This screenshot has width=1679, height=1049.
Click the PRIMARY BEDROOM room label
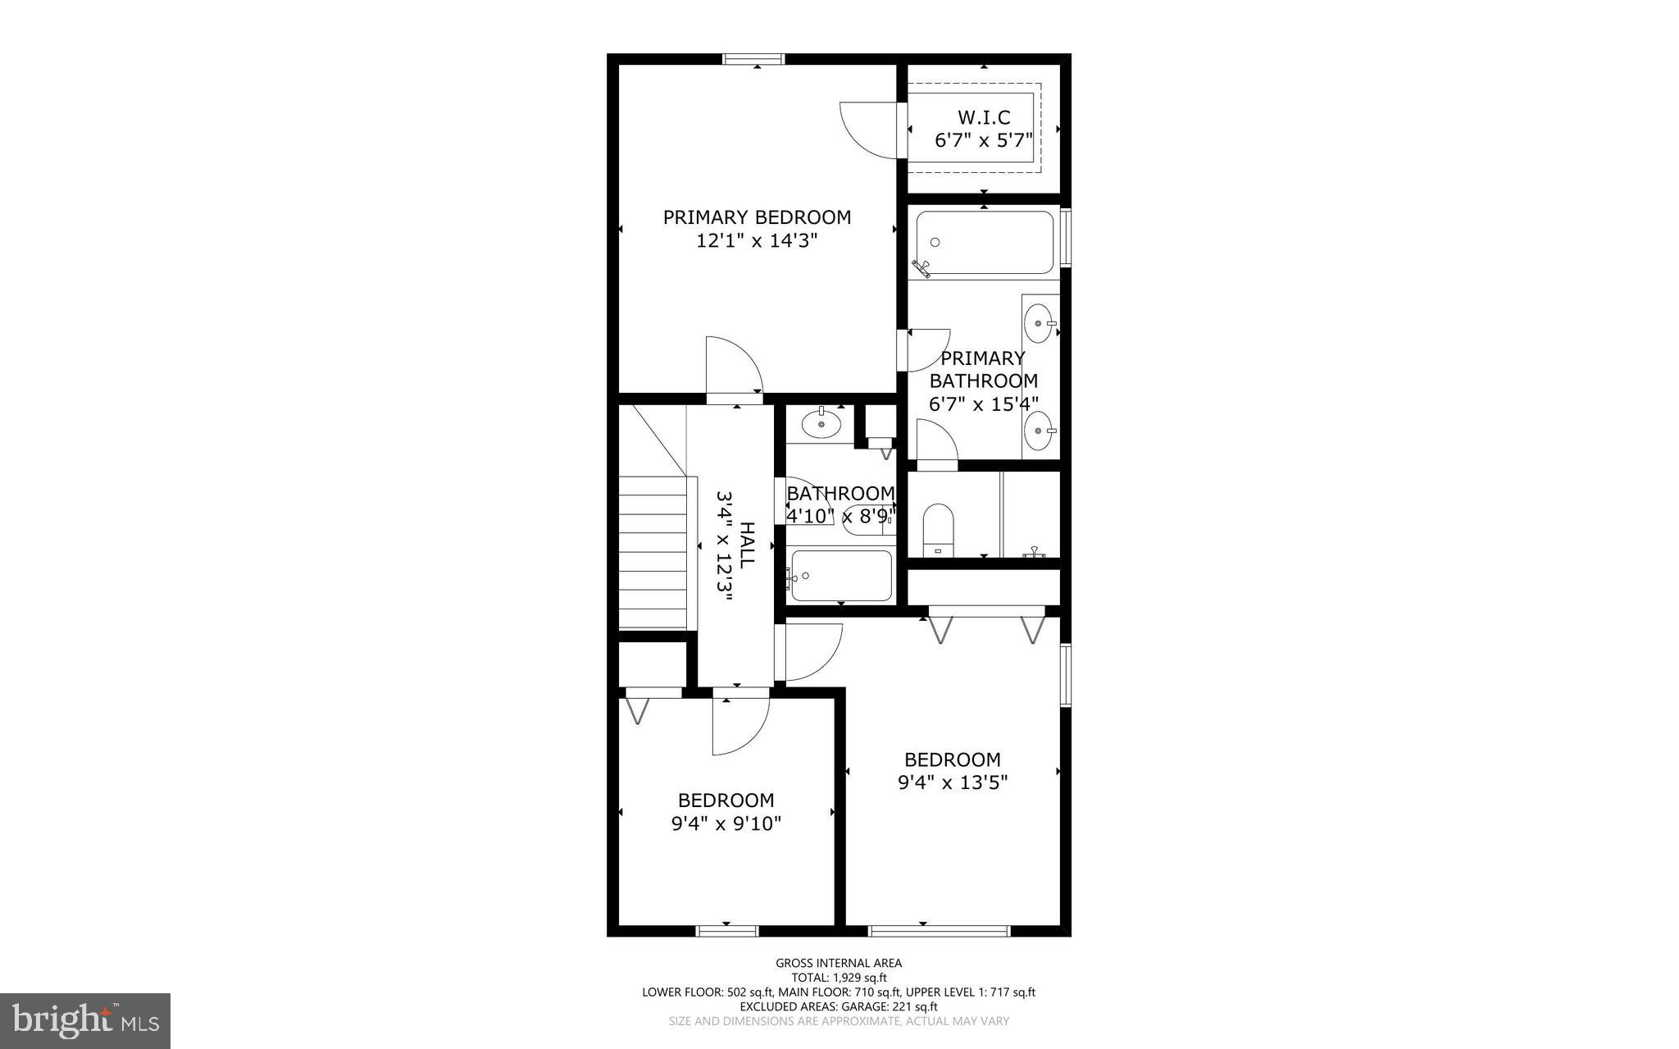[x=757, y=217]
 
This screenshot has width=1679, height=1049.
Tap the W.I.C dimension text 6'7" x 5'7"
[x=983, y=140]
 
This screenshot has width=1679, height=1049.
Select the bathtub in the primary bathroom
[x=984, y=243]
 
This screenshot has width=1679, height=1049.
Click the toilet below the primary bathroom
[x=938, y=530]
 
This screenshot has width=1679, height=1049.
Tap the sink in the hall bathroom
[x=821, y=424]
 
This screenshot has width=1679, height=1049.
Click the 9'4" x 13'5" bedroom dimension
[x=953, y=782]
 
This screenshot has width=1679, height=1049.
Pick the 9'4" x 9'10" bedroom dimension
[x=726, y=823]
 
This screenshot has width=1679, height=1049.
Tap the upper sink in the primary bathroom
[x=1040, y=322]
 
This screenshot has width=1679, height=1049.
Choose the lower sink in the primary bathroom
[x=1040, y=429]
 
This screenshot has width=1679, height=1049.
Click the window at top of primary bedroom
[x=753, y=59]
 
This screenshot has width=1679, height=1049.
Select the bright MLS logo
[x=85, y=1020]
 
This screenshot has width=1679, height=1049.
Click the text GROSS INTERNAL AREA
[x=839, y=963]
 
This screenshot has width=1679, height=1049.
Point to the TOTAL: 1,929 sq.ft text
[x=839, y=978]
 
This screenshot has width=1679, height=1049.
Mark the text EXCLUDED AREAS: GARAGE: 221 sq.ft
[x=839, y=1006]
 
